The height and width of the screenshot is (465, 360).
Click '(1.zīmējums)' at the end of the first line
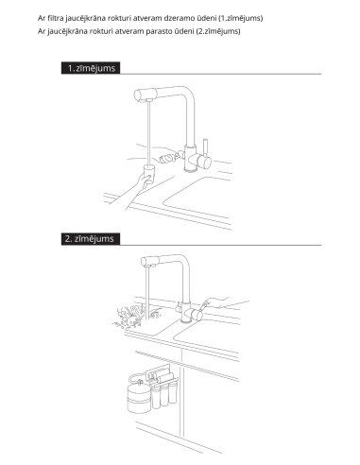(240, 18)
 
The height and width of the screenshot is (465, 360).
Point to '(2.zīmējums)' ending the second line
(218, 31)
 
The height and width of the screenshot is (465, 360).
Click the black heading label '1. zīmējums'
(91, 68)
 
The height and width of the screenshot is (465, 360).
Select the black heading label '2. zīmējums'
(91, 239)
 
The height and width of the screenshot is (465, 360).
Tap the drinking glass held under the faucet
(149, 174)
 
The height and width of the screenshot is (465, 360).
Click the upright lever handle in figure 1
(205, 146)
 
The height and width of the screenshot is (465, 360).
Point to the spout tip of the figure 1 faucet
(148, 100)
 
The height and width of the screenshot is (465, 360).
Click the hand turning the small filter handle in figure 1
(169, 155)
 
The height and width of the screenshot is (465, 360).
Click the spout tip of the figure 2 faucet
(149, 266)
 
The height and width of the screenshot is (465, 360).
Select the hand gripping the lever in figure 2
(220, 303)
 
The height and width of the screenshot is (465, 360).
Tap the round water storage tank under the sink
(139, 397)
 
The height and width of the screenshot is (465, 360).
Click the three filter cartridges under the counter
(164, 394)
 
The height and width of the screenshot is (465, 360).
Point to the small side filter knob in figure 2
(179, 306)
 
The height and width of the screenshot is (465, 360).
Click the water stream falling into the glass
(148, 132)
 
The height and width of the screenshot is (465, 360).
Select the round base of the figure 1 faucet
(191, 169)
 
